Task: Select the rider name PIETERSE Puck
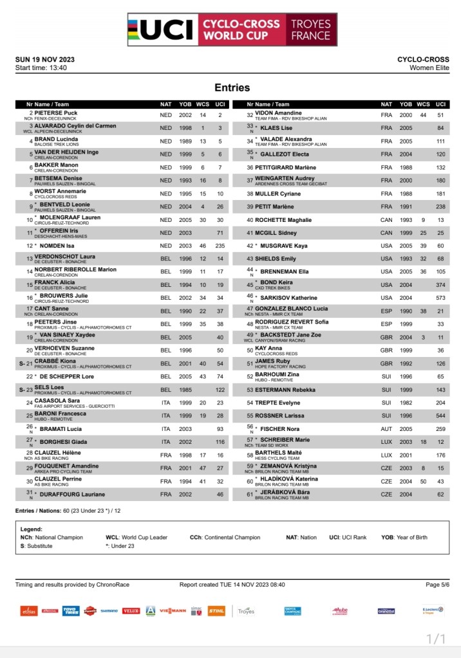[56, 113]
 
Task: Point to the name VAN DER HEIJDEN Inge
[66, 152]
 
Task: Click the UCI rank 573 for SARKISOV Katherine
[440, 298]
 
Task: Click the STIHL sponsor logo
[216, 611]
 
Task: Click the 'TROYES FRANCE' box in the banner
[310, 30]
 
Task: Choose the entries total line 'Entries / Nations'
[74, 510]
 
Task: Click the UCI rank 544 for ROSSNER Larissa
[440, 416]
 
